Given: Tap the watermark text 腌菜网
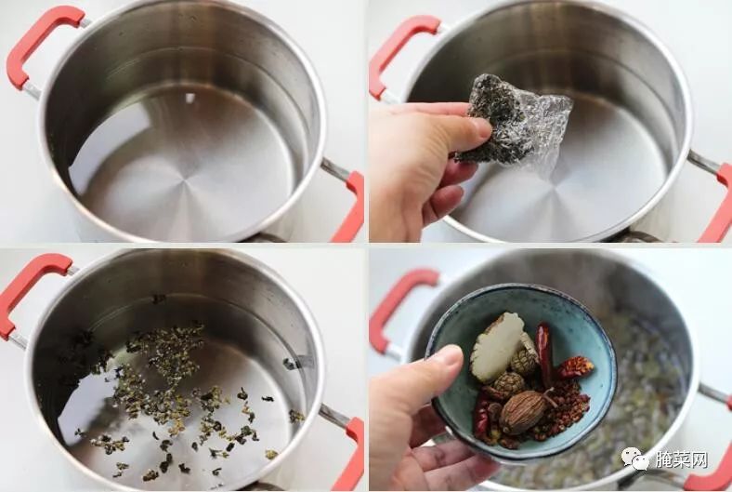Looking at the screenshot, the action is (x=681, y=459).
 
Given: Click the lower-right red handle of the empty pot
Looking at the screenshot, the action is (x=349, y=208).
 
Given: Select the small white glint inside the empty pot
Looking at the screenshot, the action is (x=190, y=98).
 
